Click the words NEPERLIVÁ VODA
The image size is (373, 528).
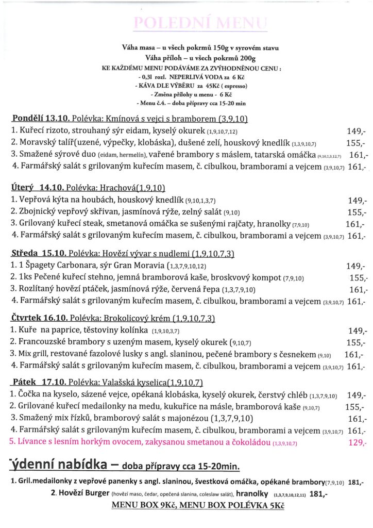coord(194,76)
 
